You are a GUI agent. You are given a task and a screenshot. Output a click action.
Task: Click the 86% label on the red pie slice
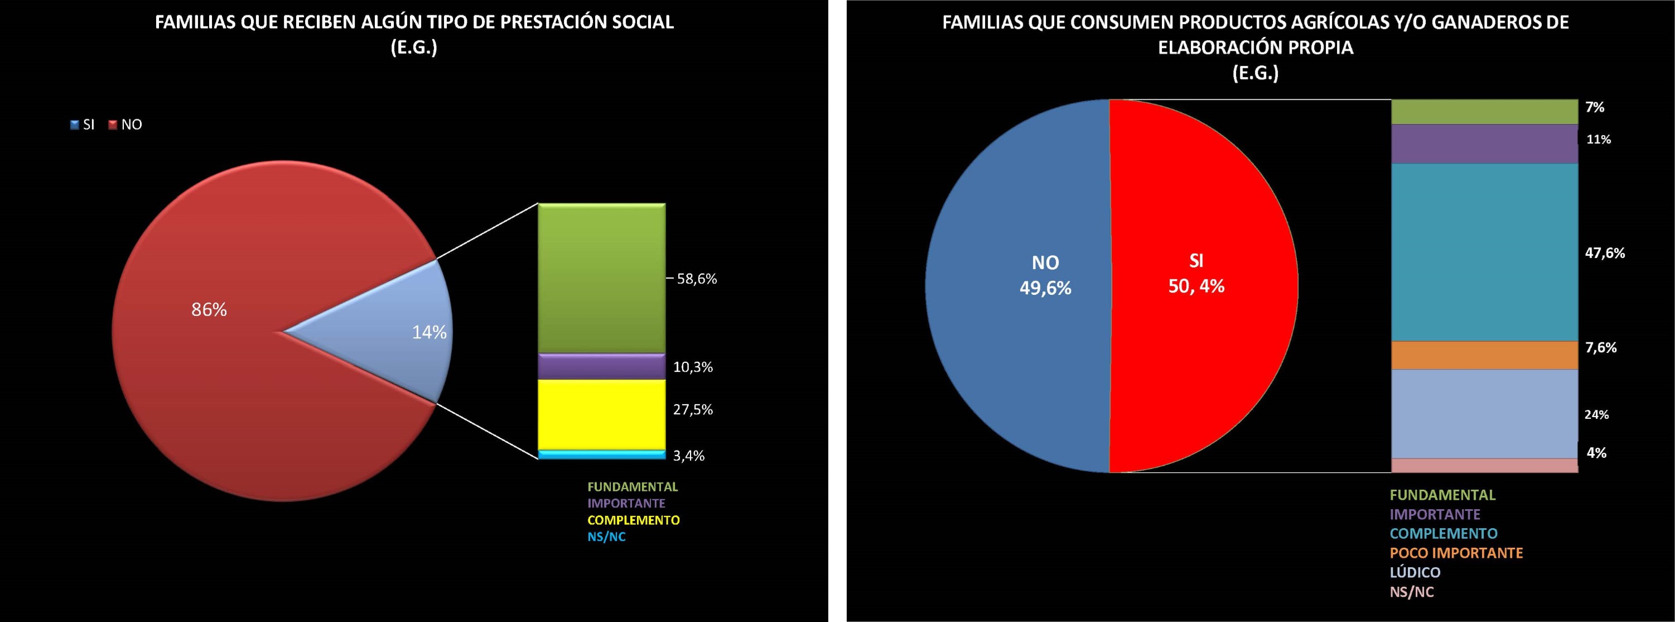point(209,310)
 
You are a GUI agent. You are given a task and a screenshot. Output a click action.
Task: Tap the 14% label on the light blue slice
point(429,332)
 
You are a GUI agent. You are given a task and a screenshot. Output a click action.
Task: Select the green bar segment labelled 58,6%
point(601,279)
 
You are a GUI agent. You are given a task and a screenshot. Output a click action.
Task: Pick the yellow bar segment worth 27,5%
point(601,414)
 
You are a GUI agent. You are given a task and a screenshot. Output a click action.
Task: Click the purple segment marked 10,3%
point(601,367)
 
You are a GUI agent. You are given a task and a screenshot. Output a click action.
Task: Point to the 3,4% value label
point(689,456)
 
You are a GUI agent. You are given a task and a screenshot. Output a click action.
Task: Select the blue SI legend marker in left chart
point(75,125)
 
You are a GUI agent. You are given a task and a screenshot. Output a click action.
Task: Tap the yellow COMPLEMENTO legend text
point(633,520)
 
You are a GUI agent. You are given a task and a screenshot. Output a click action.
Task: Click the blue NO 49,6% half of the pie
point(1017,286)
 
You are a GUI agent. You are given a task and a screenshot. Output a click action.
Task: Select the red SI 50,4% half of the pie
point(1203,286)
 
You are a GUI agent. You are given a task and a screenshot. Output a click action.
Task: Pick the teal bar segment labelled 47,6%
point(1484,252)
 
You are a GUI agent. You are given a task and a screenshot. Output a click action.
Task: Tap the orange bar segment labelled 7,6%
point(1484,355)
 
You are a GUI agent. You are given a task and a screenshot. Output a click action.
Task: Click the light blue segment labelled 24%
point(1484,414)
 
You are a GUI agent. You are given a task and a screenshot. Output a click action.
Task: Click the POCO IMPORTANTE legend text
point(1456,553)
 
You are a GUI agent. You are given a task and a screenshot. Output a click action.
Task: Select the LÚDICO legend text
point(1415,572)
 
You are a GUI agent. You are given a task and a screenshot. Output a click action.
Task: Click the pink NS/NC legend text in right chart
point(1412,592)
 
